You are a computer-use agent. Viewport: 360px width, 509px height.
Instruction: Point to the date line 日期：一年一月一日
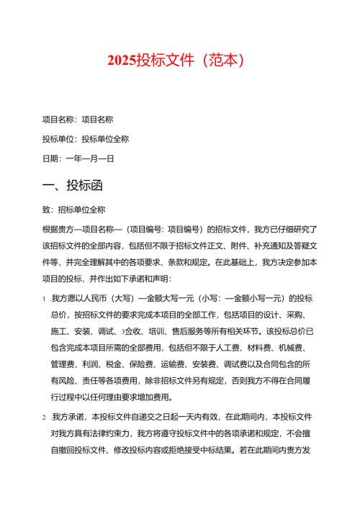point(79,158)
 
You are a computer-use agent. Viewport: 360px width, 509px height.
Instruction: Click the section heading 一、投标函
point(73,185)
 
